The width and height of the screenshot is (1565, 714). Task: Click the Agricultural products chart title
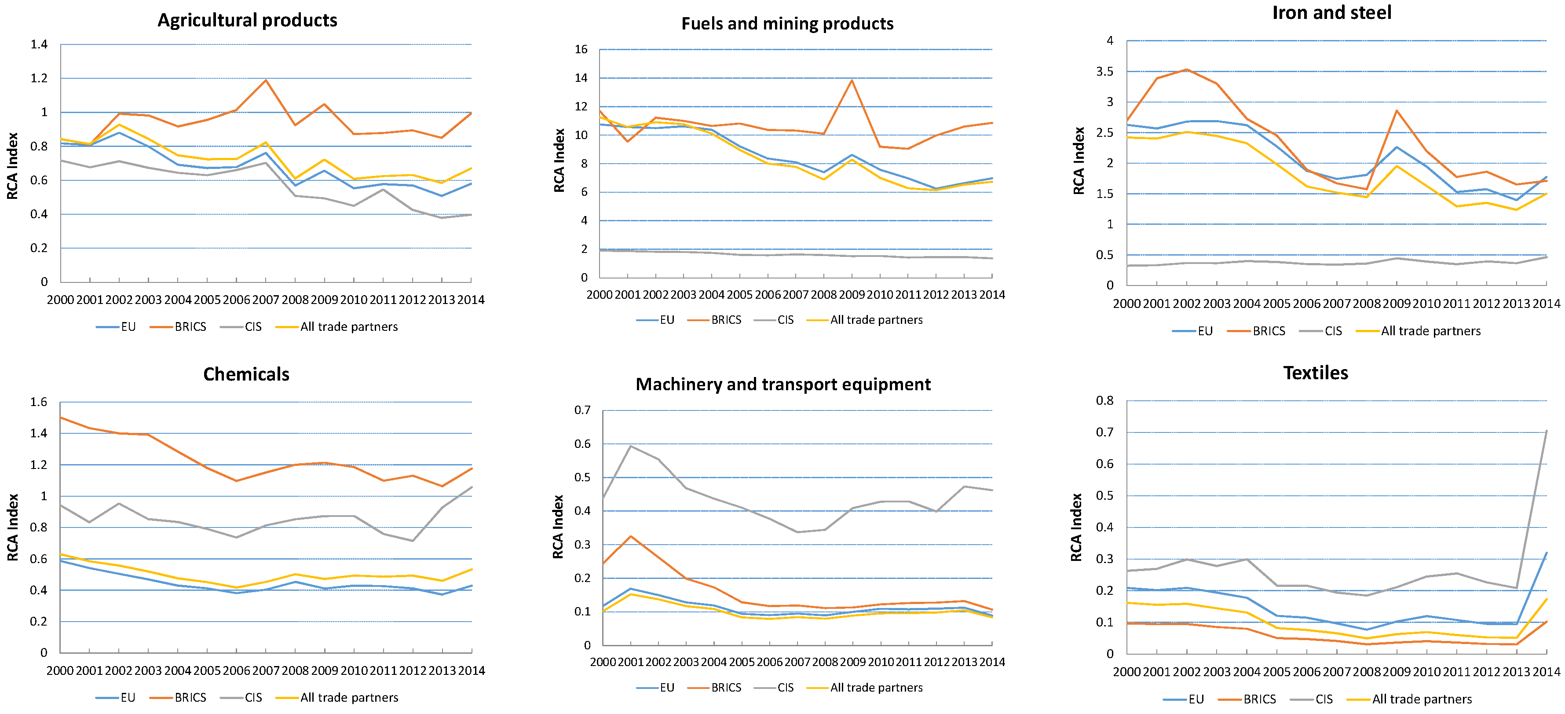coord(247,20)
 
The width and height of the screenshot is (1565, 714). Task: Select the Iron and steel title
coord(1332,12)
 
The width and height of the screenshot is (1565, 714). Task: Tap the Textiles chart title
coord(1315,373)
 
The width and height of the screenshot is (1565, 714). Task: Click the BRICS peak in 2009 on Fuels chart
coord(852,80)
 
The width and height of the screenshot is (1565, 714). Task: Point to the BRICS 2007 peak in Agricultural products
coord(266,80)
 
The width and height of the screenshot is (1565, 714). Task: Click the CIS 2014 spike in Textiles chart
coord(1546,431)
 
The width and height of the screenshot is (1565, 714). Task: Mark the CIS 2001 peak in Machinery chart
coord(631,446)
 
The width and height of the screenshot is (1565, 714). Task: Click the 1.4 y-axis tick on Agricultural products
coord(39,44)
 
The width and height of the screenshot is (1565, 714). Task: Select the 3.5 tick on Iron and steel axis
coord(1104,72)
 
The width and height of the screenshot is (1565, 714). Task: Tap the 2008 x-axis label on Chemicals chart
coord(295,671)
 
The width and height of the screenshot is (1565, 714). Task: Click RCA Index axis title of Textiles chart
coord(1076,527)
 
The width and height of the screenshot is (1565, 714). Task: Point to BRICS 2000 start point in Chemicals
coord(61,417)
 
